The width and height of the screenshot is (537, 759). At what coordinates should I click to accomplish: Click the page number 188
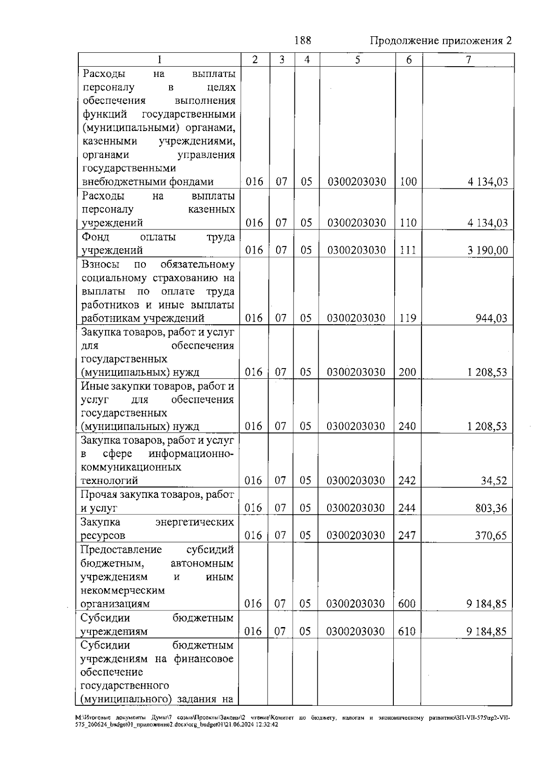(x=303, y=40)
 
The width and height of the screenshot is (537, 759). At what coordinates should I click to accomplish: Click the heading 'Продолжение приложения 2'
(x=441, y=41)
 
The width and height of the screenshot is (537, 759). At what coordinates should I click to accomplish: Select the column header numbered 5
(x=357, y=60)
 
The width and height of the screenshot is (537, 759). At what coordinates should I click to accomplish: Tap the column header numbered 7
(x=468, y=60)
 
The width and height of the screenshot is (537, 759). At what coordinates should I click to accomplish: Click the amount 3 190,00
(x=488, y=250)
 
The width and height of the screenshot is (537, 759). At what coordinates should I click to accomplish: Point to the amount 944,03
(x=491, y=318)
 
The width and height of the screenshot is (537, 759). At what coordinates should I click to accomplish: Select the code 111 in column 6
(x=408, y=250)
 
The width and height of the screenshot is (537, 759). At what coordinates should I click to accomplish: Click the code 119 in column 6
(x=408, y=318)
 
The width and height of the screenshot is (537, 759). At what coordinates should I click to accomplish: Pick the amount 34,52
(x=494, y=481)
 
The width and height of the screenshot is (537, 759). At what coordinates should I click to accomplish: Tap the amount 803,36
(x=491, y=508)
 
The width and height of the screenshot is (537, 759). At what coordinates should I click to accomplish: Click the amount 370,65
(x=491, y=535)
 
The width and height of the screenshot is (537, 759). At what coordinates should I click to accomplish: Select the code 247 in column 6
(x=407, y=535)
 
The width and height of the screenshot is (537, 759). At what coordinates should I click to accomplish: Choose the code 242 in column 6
(x=407, y=481)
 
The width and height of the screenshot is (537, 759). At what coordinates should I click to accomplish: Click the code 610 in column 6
(x=407, y=632)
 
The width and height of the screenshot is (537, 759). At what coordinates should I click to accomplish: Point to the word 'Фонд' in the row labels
(x=95, y=237)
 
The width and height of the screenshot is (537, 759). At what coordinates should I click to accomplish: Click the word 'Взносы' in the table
(x=100, y=264)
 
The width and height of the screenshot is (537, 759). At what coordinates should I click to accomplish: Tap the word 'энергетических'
(x=194, y=522)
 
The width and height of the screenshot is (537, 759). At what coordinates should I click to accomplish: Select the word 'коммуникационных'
(x=131, y=467)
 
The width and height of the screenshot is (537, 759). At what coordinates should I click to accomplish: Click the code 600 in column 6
(x=407, y=604)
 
